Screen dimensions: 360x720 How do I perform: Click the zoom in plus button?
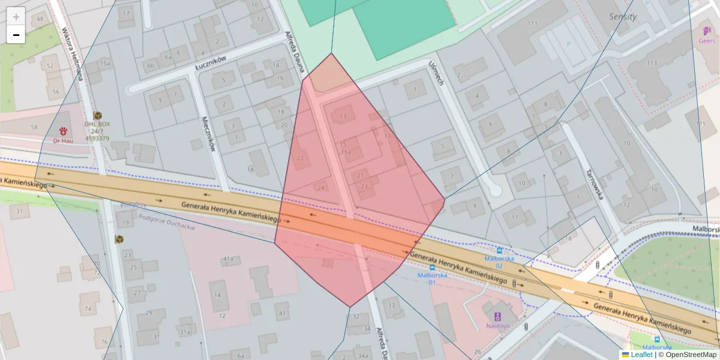coord(16,17)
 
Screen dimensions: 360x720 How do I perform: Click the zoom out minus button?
coord(16,35)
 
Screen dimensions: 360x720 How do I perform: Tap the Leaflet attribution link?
coord(641,355)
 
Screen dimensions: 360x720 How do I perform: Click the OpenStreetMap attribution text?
coord(691,355)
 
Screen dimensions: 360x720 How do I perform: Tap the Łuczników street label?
coord(211,62)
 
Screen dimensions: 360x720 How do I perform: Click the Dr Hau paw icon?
coord(63,130)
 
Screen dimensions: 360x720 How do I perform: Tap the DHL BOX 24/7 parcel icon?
coord(97,115)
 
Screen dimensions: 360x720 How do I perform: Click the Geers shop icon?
coord(707,30)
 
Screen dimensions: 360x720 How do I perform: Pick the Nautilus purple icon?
coord(497,316)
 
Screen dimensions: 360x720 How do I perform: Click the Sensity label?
coord(623,16)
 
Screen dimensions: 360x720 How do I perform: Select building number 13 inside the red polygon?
coord(343,116)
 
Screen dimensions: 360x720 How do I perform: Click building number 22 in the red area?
coord(300,158)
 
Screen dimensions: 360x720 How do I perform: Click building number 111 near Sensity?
coord(532,23)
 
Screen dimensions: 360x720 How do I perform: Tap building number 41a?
coord(228,259)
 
